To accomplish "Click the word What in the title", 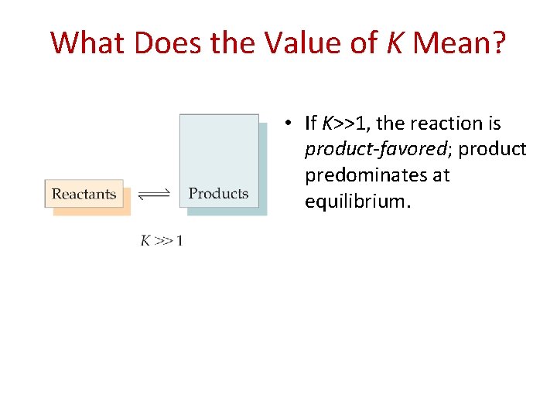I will pos(88,43).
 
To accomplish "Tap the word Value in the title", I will pos(300,43).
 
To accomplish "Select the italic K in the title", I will pos(394,43).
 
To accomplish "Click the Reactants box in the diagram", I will pos(84,195).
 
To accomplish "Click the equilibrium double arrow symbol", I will pos(154,195).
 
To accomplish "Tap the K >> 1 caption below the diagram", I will pos(162,241).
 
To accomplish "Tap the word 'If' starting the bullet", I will pos(311,124).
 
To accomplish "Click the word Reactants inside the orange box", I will pos(84,194).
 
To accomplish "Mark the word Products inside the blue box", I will pos(219,194).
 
